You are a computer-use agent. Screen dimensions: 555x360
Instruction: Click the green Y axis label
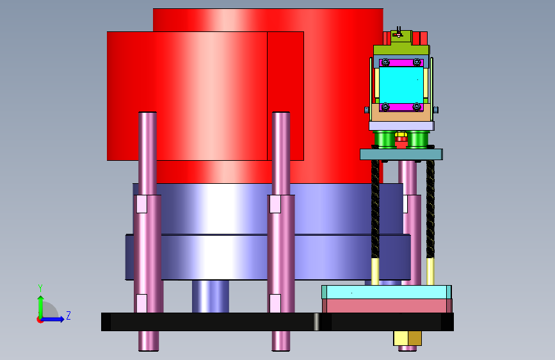point(40,288)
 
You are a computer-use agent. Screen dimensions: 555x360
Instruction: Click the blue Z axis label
point(68,315)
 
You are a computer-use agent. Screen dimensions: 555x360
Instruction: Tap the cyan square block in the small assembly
point(401,85)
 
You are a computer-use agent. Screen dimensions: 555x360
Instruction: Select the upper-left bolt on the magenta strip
point(385,62)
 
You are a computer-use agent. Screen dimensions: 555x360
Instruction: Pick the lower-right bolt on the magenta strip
point(417,106)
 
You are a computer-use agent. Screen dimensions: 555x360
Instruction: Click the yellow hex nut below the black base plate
point(407,338)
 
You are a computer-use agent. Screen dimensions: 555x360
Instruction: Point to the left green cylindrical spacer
point(385,140)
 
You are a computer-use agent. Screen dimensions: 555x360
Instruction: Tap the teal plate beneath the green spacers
point(401,154)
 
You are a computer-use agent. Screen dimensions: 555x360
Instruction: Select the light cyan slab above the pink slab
point(387,292)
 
